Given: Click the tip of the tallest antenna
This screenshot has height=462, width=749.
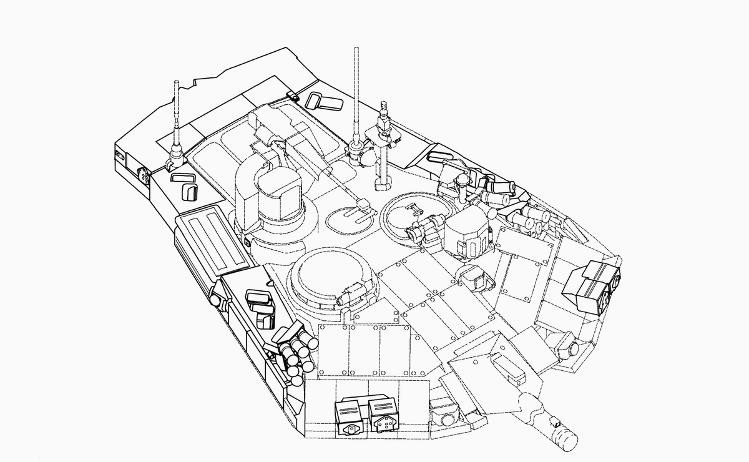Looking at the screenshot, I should click(356, 49).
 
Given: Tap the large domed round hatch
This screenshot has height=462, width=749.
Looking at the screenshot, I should click(330, 277).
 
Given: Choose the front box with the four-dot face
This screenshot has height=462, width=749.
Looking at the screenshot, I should click(383, 415).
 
